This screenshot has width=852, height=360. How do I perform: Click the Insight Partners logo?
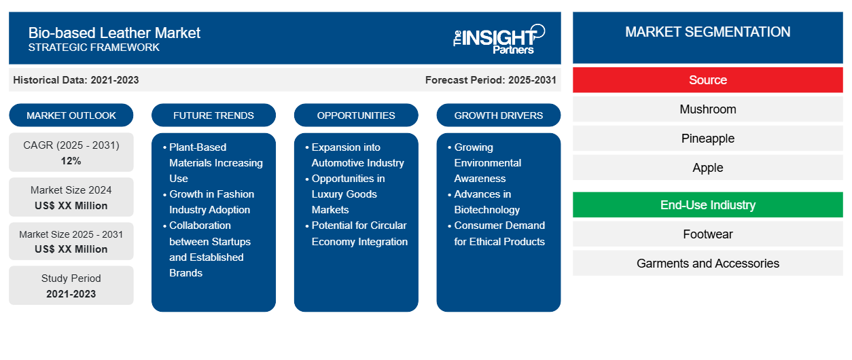(499, 39)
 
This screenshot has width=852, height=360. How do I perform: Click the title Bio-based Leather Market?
(114, 33)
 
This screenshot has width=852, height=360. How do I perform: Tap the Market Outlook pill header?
(71, 115)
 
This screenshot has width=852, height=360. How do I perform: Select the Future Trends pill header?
(213, 115)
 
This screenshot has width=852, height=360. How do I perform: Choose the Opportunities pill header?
(356, 115)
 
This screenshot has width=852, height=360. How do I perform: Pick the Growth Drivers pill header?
(498, 115)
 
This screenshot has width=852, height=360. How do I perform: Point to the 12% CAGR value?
(71, 161)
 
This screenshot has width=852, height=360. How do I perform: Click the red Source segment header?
(708, 80)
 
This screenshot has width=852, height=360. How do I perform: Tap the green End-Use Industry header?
(708, 205)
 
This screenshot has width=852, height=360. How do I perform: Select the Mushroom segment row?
(708, 109)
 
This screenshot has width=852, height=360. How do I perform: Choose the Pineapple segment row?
(708, 139)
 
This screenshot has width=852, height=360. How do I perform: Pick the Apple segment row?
(708, 168)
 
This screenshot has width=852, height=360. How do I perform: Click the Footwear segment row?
(708, 234)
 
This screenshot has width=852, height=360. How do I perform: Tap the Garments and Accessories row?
(708, 264)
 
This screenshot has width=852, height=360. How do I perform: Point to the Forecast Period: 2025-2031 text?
(491, 80)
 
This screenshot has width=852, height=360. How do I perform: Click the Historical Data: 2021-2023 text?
(76, 80)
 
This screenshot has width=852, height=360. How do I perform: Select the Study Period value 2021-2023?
(71, 294)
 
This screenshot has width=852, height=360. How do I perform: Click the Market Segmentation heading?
(708, 32)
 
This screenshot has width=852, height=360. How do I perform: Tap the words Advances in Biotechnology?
(487, 202)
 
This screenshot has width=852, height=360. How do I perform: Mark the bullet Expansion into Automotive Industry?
(357, 155)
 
